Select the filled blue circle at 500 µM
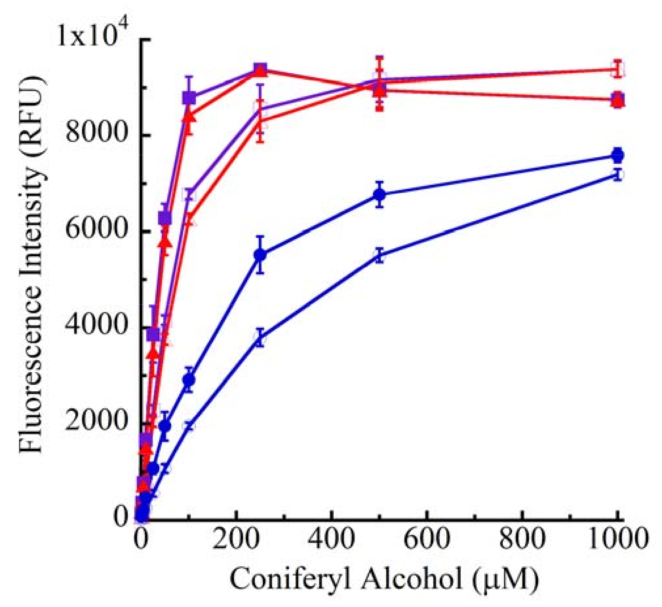[380, 194]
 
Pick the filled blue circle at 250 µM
[260, 255]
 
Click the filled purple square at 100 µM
[189, 98]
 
